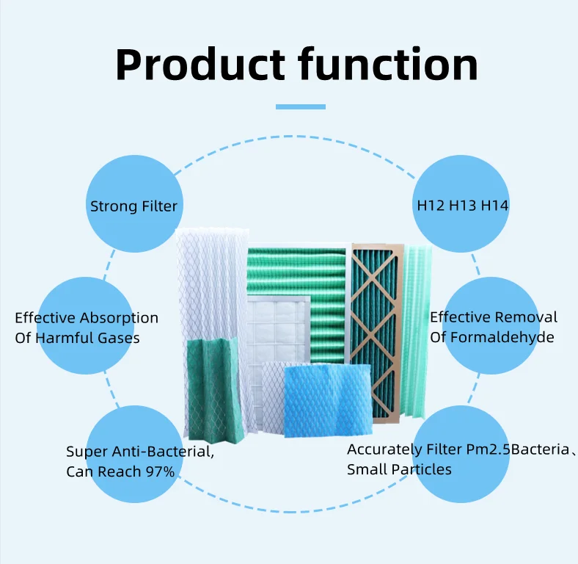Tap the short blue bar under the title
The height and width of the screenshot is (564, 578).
(300, 106)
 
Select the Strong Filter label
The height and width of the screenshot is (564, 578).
(133, 206)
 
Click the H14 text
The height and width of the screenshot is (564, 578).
(495, 206)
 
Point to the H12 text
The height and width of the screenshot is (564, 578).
(431, 206)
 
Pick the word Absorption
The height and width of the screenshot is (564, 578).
(119, 318)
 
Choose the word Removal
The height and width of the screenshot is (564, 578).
(525, 317)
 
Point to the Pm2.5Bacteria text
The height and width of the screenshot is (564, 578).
(518, 449)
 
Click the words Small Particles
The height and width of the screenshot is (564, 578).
(399, 469)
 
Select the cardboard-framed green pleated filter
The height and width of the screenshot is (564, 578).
(377, 330)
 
